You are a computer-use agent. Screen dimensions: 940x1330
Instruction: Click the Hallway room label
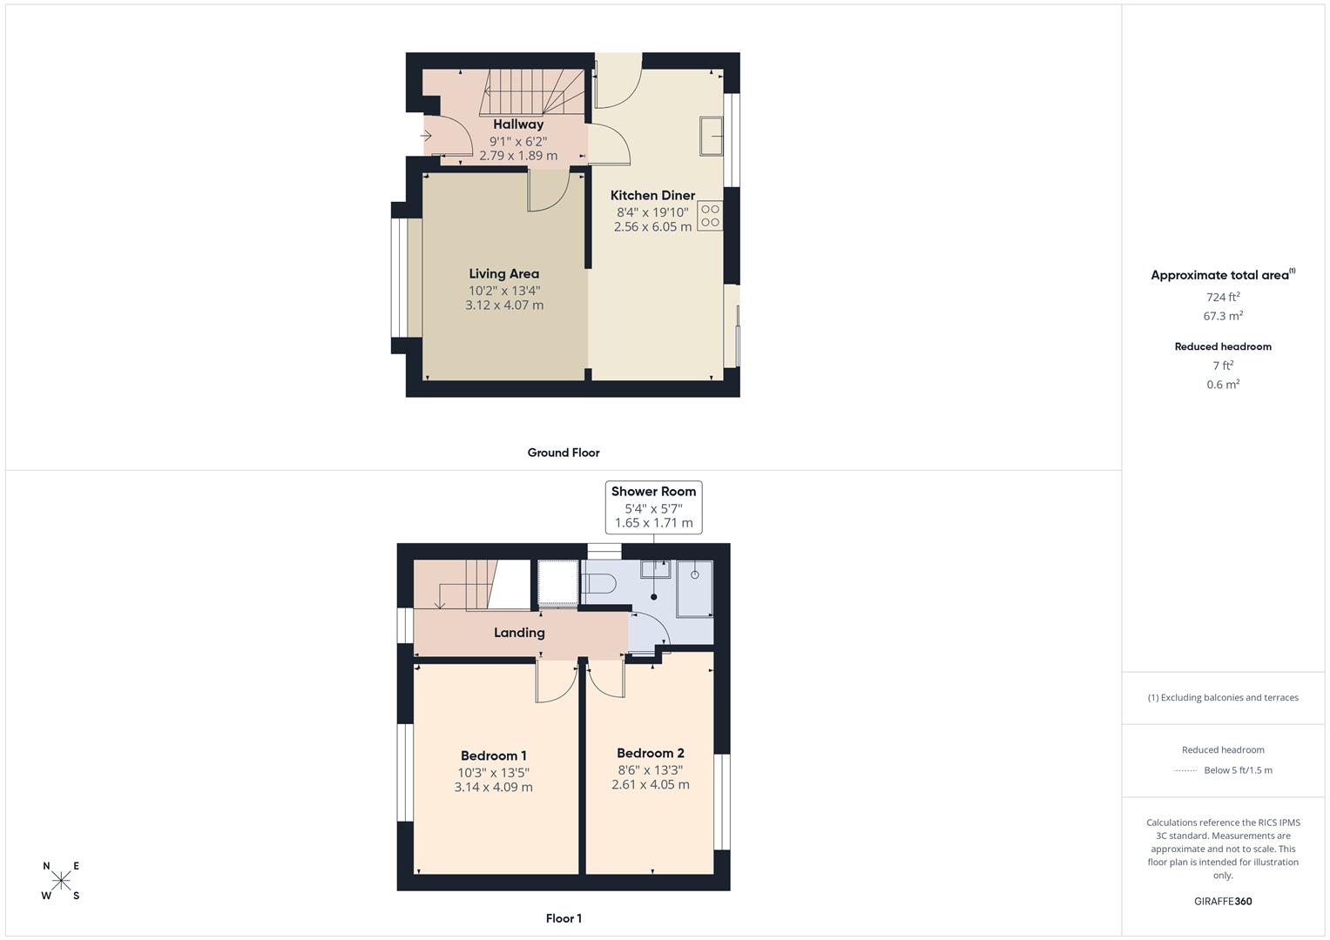(517, 124)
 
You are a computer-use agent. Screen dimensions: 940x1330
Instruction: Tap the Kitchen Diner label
(652, 196)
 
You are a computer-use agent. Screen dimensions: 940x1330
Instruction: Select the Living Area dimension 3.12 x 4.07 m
(503, 305)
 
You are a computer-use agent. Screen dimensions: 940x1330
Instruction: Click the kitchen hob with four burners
(710, 216)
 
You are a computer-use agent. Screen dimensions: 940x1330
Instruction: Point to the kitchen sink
(710, 136)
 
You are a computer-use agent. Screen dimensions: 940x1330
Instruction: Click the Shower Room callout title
(653, 492)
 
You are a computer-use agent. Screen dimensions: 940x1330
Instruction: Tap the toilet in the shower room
(601, 583)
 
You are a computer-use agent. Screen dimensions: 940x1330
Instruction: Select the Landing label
(519, 633)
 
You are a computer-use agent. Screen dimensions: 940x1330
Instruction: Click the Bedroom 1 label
(493, 755)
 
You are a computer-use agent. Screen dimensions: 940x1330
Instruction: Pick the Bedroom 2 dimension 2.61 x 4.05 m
(650, 785)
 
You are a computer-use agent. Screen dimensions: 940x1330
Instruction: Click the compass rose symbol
(61, 881)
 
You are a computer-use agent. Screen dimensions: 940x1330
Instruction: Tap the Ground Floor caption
(563, 453)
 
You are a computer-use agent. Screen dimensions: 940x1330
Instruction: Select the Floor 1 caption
(563, 918)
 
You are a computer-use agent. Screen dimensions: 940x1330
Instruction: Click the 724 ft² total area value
(1223, 297)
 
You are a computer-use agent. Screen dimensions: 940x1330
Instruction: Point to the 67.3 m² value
(1223, 317)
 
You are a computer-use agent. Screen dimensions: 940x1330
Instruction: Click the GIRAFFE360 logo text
(1223, 902)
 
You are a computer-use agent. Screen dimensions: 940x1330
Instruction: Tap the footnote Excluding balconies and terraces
(1223, 697)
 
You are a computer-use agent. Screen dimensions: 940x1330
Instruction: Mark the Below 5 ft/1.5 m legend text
(1238, 770)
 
